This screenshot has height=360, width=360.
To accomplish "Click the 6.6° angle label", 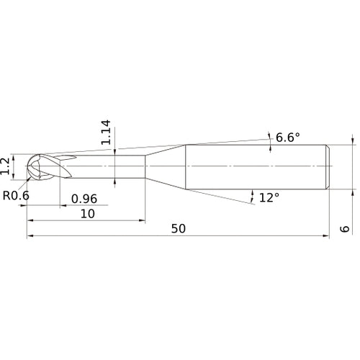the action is pyautogui.click(x=287, y=138).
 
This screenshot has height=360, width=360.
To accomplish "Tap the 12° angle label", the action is pyautogui.click(x=269, y=197).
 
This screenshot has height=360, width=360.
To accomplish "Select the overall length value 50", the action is pyautogui.click(x=179, y=229).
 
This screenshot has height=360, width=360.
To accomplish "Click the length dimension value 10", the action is pyautogui.click(x=88, y=214).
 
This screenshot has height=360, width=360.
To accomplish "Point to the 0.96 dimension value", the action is pyautogui.click(x=84, y=199).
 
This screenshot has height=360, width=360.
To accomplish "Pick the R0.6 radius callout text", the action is pyautogui.click(x=16, y=196).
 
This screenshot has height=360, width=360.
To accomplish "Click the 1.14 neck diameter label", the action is pyautogui.click(x=106, y=132).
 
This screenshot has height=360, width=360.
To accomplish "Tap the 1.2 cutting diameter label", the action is pyautogui.click(x=5, y=166).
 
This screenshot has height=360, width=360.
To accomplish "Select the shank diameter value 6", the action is pyautogui.click(x=345, y=229).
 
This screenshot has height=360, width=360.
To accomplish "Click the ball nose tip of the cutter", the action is pyautogui.click(x=27, y=166).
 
